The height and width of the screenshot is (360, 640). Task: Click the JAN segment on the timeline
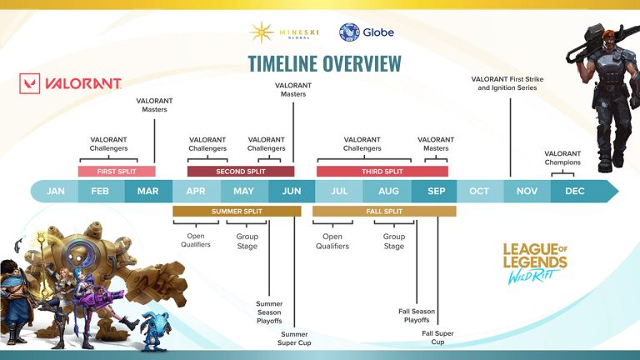click(x=55, y=191)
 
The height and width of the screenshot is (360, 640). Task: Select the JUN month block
click(x=292, y=191)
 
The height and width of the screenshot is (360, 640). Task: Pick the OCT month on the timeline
click(x=479, y=191)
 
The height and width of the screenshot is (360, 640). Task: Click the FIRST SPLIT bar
click(x=117, y=172)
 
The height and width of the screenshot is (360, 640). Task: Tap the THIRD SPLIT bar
click(x=382, y=172)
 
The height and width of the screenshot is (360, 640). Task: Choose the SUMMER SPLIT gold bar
click(x=237, y=212)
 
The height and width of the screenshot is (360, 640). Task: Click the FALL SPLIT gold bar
click(x=384, y=212)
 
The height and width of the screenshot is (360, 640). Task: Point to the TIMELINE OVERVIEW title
click(x=324, y=63)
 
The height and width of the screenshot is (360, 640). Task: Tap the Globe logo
click(x=367, y=32)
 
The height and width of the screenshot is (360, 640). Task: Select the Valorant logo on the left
click(x=71, y=84)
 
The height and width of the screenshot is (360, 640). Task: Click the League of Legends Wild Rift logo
click(x=534, y=263)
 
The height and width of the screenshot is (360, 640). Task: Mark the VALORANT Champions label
click(x=562, y=157)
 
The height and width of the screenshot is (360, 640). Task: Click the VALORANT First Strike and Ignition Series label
click(x=508, y=83)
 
